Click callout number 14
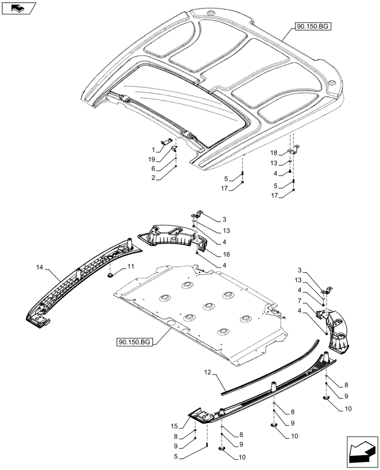click(39, 267)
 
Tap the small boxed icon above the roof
click(18, 8)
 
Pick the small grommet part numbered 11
click(110, 275)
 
